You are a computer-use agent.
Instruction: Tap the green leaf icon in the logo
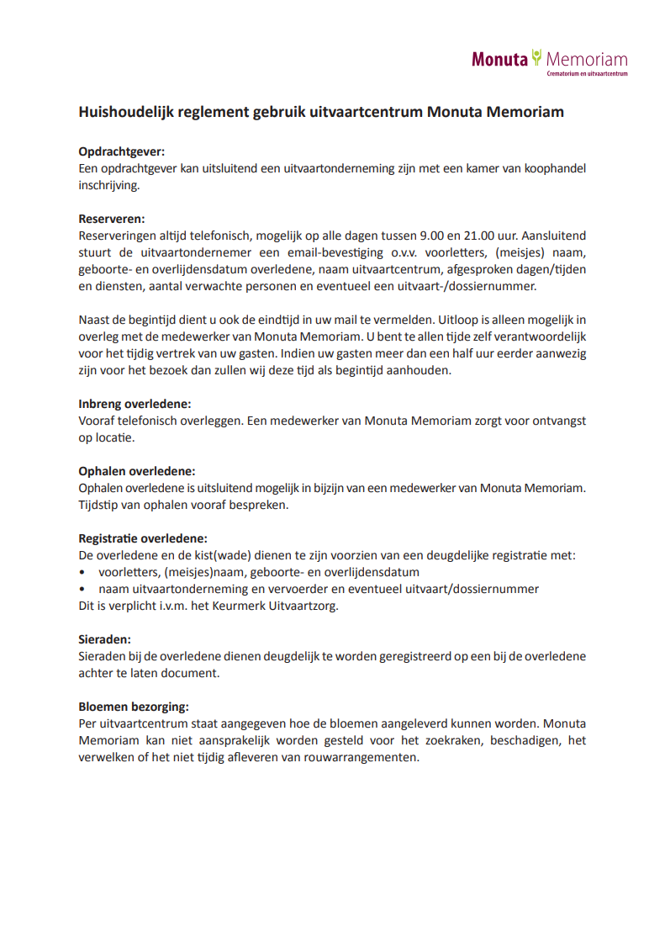(536, 57)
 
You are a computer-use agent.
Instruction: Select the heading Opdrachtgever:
(121, 151)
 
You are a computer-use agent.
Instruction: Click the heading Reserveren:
(112, 219)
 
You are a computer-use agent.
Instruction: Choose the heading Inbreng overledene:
(135, 404)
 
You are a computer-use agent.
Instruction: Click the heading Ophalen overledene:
(136, 471)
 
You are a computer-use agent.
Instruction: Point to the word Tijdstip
(101, 505)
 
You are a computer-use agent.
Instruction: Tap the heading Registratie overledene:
(143, 538)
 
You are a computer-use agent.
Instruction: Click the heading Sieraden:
(104, 639)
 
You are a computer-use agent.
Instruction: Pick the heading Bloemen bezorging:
(133, 707)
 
